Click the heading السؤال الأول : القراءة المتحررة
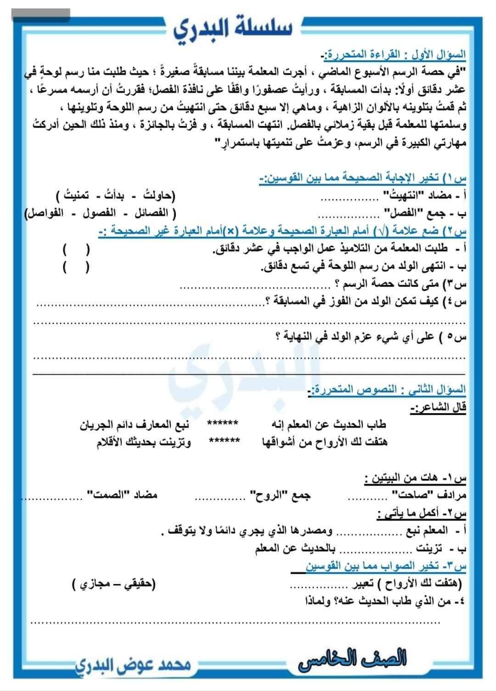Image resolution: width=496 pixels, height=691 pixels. click(x=395, y=55)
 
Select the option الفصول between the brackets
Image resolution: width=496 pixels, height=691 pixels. click(x=98, y=214)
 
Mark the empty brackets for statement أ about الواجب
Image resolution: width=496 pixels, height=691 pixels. click(x=76, y=250)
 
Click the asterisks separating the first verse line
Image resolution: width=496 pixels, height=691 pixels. click(x=223, y=424)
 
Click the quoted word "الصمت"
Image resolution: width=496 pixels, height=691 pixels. click(x=109, y=495)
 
